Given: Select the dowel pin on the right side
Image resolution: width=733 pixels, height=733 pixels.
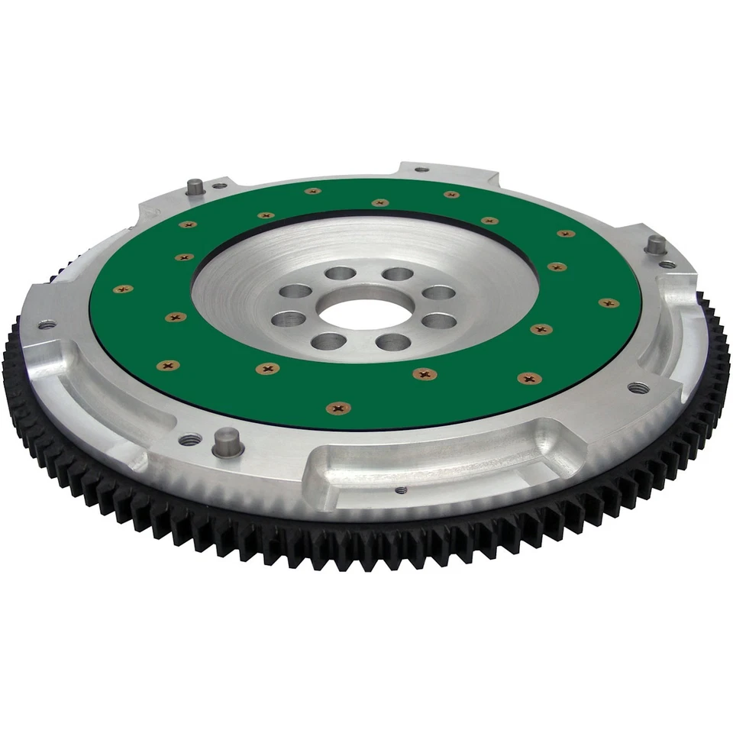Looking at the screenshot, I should coord(655,246).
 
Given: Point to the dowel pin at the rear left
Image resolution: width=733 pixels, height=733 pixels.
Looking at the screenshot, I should coord(196,186).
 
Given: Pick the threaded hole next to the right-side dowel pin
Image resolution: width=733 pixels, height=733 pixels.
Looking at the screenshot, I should coord(667,264).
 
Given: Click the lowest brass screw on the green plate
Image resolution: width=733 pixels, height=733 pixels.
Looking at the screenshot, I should coord(338,408).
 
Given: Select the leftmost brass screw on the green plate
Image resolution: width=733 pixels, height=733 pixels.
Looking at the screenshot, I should coord(122,289).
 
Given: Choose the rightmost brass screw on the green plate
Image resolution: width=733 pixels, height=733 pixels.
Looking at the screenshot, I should coord(609,303).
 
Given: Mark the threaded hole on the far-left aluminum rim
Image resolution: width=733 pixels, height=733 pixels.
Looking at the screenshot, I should coord(47,325).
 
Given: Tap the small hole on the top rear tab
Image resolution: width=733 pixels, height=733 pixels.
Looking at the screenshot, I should coord(421,170).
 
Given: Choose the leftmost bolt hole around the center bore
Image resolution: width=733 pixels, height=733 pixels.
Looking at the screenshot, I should coord(289,318).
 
